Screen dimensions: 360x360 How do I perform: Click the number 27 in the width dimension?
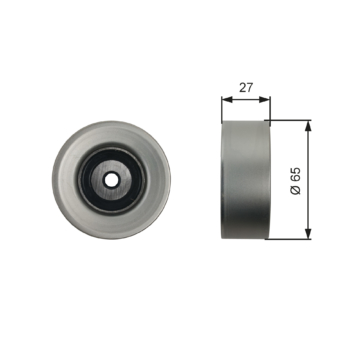coord(244,88)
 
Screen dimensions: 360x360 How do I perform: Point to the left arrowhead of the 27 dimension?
coord(223,100)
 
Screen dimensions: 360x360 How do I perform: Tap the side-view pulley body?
coord(244,180)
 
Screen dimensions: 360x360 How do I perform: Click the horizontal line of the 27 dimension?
coord(244,100)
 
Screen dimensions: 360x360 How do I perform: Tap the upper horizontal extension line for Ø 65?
coord(290,120)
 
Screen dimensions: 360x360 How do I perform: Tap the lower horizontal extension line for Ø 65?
coord(290,239)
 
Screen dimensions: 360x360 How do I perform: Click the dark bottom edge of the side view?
coord(244,237)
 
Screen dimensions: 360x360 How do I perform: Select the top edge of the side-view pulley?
coord(244,122)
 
